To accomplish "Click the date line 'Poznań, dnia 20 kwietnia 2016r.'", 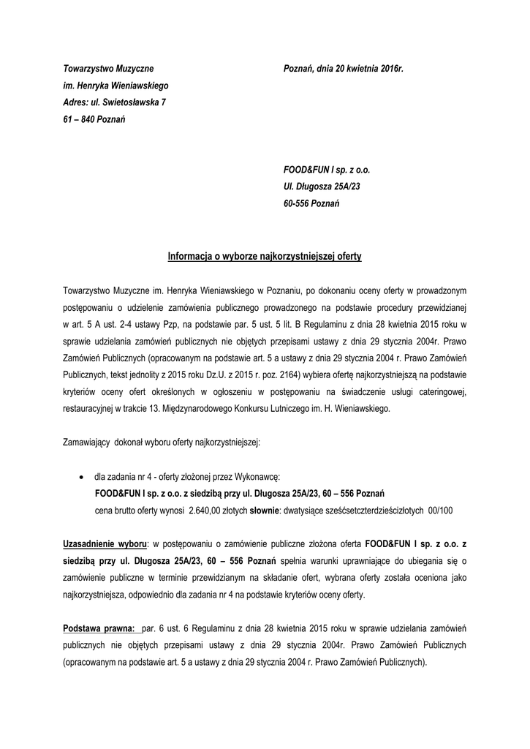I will (343, 68).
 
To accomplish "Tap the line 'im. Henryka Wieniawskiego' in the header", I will (116, 85).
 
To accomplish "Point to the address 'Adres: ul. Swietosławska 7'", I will (114, 102).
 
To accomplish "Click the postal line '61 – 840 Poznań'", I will (94, 118).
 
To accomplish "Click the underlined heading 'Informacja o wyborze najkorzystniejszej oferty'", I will (265, 257).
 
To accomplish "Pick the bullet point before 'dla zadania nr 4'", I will (80, 476).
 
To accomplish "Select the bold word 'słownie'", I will (265, 511).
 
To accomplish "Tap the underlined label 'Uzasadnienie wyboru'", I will (105, 545).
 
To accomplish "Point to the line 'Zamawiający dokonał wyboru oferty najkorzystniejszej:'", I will (167, 443).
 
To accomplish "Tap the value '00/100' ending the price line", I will (439, 511).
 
